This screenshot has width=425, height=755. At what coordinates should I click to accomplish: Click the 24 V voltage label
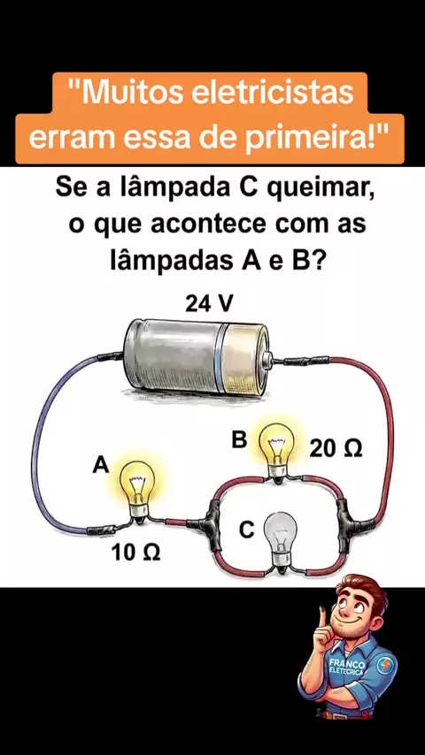coord(209,304)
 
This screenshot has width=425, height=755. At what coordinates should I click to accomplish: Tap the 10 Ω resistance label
coord(136,553)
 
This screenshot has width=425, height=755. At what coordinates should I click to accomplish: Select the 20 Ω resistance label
coord(336,449)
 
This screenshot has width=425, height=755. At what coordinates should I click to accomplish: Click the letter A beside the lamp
coord(101,466)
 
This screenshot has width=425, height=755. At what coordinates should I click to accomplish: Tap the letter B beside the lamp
coord(239,440)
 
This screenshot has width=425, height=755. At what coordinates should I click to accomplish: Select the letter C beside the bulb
coord(246,530)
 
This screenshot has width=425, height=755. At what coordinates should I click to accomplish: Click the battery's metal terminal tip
coord(268,359)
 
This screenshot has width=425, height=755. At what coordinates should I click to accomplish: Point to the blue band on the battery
coord(220,358)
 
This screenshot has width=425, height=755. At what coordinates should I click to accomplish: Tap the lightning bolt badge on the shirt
coord(385,667)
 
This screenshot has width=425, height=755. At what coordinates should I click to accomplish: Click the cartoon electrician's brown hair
coord(363,589)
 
